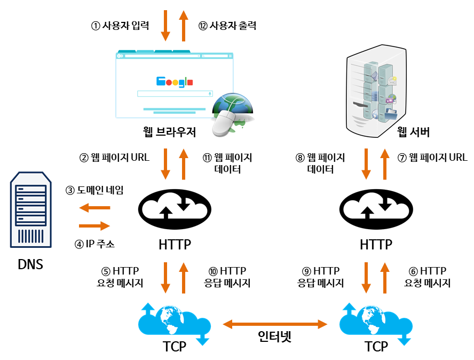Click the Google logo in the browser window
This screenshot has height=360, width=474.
click(175, 82)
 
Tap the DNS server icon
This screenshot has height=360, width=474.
click(30, 210)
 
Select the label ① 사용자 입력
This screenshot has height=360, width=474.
click(120, 26)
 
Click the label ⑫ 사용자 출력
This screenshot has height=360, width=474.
click(227, 26)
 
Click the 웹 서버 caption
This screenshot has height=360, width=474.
click(414, 132)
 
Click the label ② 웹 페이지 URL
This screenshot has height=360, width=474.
click(114, 158)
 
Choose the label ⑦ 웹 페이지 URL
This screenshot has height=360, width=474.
click(432, 158)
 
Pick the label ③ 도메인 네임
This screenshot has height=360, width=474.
click(94, 190)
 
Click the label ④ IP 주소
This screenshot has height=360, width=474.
click(94, 245)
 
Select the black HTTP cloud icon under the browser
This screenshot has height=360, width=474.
click(175, 207)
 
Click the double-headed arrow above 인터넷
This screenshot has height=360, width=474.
click(275, 324)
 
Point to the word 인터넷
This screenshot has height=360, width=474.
click(275, 338)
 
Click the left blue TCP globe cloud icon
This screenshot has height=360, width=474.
click(174, 322)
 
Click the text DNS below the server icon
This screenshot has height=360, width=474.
click(30, 264)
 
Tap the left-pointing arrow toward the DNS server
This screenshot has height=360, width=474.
click(94, 208)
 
